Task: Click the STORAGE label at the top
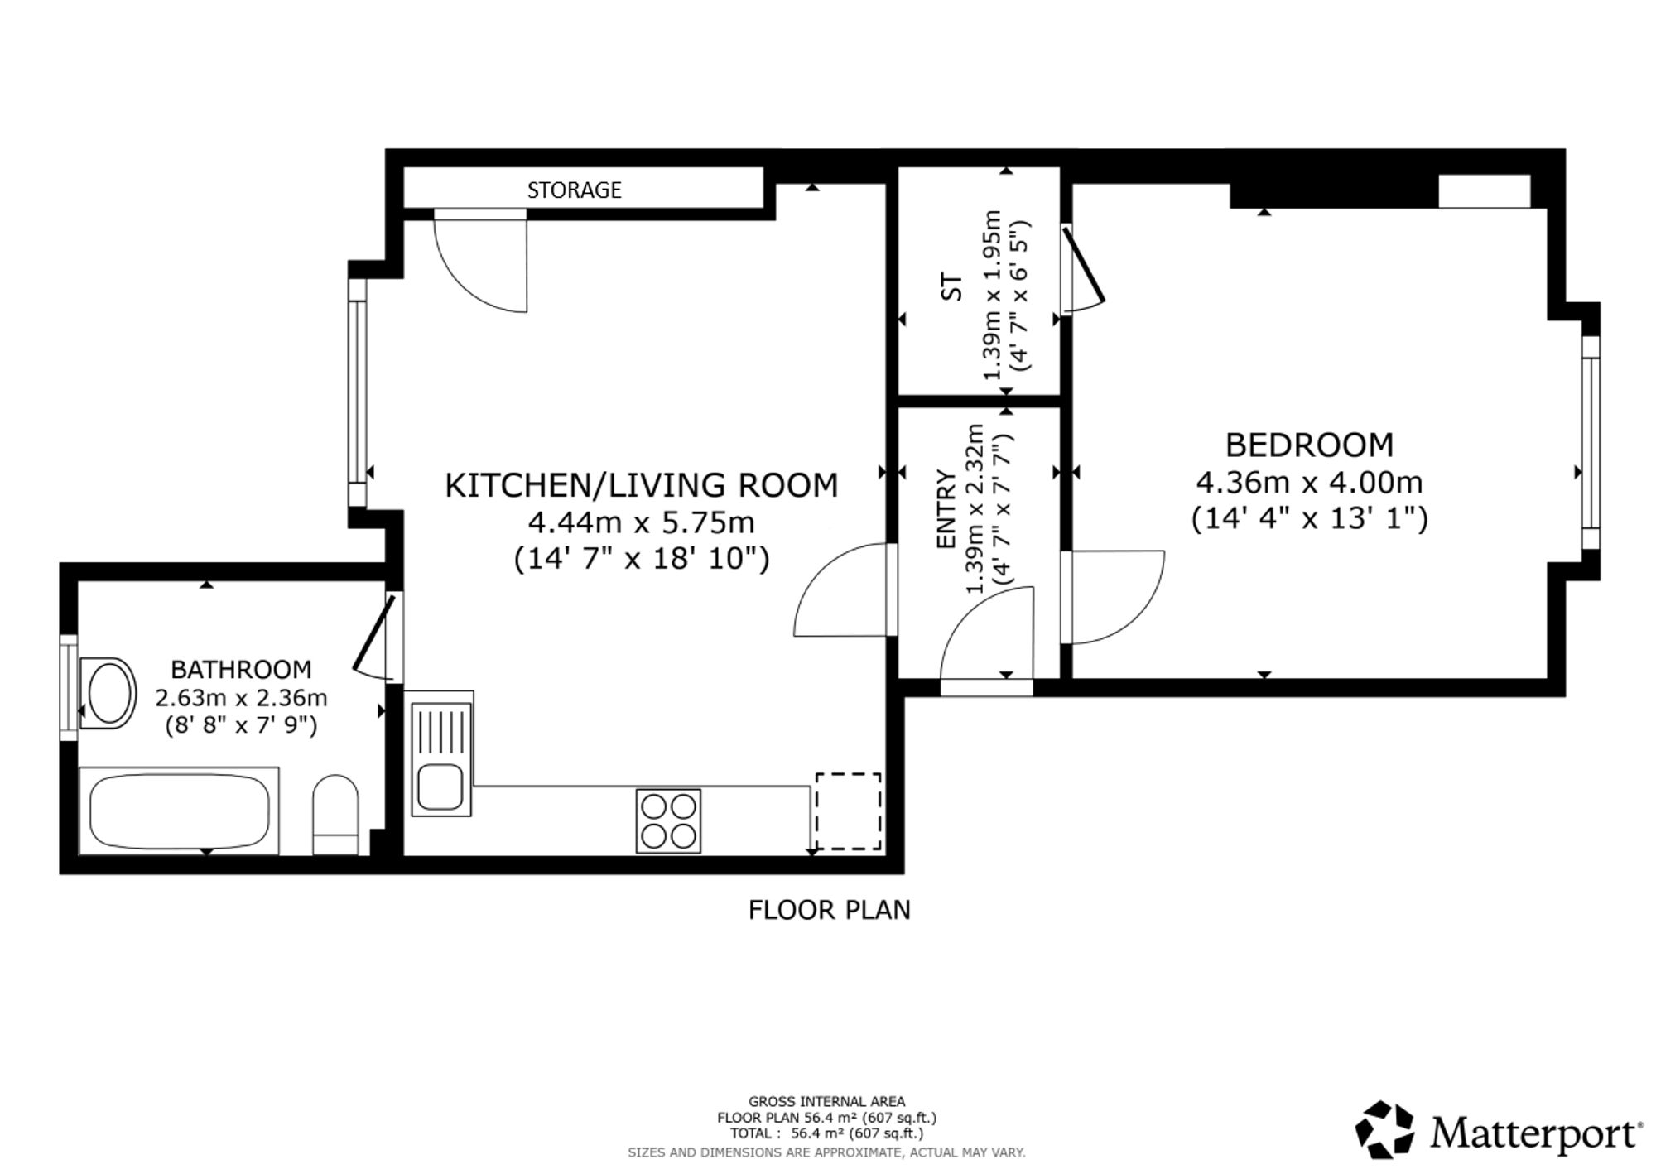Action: pos(574,190)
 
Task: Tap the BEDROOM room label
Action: pos(1309,445)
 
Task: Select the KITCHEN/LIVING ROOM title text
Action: pos(642,485)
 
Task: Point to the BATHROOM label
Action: pos(241,669)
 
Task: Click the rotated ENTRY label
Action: pos(946,509)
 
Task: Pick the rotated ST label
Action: pos(953,286)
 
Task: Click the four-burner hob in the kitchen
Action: pos(668,820)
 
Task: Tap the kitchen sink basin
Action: pos(440,787)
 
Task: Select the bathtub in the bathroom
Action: pos(179,811)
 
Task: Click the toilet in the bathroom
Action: pos(335,815)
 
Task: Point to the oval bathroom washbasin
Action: pos(108,694)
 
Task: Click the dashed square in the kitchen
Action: pos(848,811)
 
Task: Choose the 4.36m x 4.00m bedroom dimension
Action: pos(1309,482)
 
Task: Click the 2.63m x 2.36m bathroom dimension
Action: pos(241,698)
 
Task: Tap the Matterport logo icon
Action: pos(1384,1129)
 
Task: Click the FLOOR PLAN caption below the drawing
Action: pos(829,910)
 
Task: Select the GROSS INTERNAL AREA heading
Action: pos(826,1101)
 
